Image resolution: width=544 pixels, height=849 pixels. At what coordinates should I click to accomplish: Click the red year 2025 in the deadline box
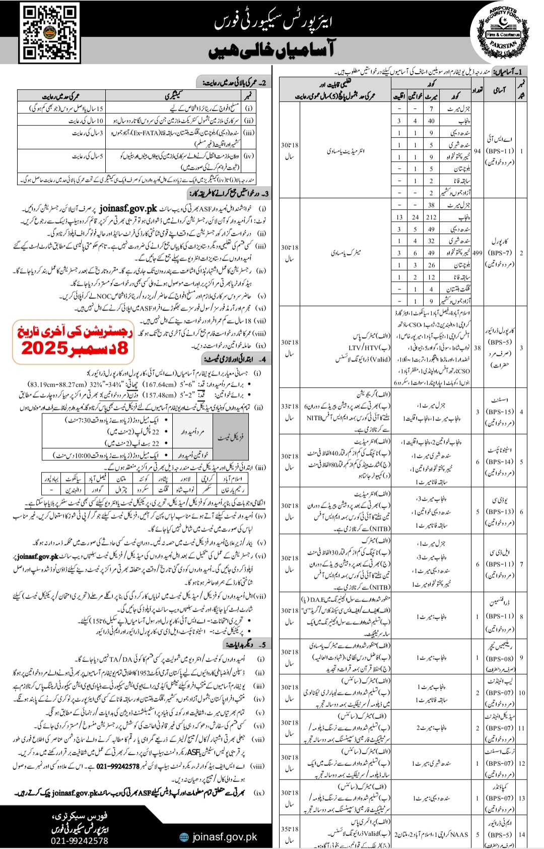click(x=44, y=348)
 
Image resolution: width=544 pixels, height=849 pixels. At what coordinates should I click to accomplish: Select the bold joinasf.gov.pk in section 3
click(x=128, y=208)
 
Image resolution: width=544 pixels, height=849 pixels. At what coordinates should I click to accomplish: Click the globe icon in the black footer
click(x=184, y=837)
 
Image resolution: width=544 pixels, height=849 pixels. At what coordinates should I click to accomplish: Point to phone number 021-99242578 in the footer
click(x=79, y=840)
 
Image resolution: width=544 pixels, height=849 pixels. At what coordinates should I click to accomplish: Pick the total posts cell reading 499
click(x=477, y=253)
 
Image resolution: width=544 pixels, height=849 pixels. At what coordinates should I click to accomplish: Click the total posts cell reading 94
click(x=477, y=151)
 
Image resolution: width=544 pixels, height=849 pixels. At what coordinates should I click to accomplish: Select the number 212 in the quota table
click(x=431, y=217)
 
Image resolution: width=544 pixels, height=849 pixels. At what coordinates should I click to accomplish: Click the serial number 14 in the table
click(x=521, y=834)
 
